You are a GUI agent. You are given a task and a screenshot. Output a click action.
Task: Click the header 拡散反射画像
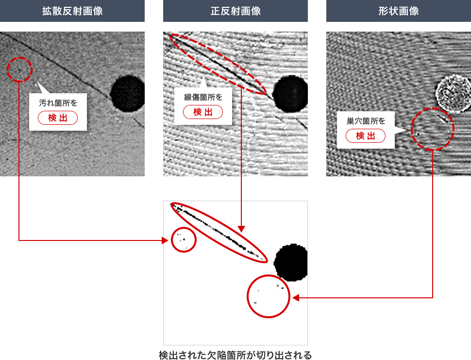(72, 11)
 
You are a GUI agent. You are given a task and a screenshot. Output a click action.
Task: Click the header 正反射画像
(235, 11)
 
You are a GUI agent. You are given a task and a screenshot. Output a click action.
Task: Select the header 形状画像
(399, 11)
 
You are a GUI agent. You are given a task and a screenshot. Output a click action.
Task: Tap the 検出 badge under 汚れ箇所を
(58, 118)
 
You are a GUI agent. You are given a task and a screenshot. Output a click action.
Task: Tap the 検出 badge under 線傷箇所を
(203, 112)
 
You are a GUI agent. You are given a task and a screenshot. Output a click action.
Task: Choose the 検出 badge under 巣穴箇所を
(366, 136)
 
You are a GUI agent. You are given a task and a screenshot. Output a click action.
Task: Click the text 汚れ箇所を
(58, 103)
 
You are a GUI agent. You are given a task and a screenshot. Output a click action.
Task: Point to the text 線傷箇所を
(203, 97)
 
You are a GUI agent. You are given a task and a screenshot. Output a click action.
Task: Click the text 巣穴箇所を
(366, 121)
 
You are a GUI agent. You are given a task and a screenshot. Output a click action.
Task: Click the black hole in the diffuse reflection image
(127, 93)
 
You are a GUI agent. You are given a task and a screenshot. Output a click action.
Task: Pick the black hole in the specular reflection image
(290, 94)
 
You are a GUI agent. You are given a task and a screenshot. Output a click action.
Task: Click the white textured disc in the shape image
(453, 93)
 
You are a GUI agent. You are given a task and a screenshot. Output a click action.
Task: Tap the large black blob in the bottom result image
(291, 262)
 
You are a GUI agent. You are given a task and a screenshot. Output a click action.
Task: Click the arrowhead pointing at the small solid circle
(165, 240)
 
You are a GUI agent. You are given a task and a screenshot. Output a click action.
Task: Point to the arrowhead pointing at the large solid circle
(296, 298)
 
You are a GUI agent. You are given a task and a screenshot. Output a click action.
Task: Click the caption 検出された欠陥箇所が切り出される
(235, 355)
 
